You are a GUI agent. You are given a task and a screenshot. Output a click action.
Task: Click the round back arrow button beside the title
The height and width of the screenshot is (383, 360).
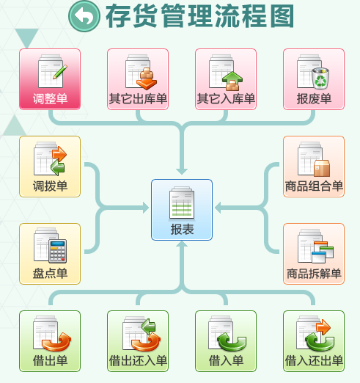point(84,16)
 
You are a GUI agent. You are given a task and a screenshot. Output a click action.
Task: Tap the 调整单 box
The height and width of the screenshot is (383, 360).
point(50,79)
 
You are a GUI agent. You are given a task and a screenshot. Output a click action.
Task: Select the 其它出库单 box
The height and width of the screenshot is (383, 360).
point(138,79)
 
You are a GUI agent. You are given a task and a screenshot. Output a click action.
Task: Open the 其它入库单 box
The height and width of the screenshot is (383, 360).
point(226,79)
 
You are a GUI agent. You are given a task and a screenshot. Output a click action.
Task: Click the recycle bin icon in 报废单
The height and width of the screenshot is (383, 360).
point(320,78)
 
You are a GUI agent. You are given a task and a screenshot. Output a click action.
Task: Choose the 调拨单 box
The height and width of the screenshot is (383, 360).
point(50,167)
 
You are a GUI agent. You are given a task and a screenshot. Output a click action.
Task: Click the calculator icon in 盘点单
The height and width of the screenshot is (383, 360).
point(58,251)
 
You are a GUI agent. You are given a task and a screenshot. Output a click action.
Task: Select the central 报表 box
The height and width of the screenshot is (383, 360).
point(182,210)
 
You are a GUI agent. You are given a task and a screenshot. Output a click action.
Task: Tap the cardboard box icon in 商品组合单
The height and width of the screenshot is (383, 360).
point(322,168)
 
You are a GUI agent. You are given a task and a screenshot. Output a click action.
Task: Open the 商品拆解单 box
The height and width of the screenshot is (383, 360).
point(314,254)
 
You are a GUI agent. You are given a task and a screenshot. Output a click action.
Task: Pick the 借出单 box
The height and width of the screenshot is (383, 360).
point(50,341)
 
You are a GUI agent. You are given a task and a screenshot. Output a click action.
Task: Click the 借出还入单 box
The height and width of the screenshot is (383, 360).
point(138,341)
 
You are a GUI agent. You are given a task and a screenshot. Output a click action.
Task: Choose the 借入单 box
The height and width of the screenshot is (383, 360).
point(226,341)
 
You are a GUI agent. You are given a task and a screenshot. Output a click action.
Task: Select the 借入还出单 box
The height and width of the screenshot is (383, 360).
point(314,341)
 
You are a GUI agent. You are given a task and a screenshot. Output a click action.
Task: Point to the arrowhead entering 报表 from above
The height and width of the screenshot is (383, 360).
point(182,171)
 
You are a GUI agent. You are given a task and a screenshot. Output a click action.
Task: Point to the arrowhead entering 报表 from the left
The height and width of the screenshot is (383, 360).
point(146,208)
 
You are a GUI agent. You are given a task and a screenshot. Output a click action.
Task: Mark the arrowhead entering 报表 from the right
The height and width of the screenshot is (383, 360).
point(218,208)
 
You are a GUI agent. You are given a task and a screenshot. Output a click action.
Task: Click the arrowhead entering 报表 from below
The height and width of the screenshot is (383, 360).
point(182,244)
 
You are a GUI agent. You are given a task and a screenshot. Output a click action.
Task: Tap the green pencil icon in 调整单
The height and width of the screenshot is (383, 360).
point(60,72)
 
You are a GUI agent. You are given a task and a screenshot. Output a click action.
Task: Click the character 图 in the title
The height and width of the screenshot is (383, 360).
point(282,16)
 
